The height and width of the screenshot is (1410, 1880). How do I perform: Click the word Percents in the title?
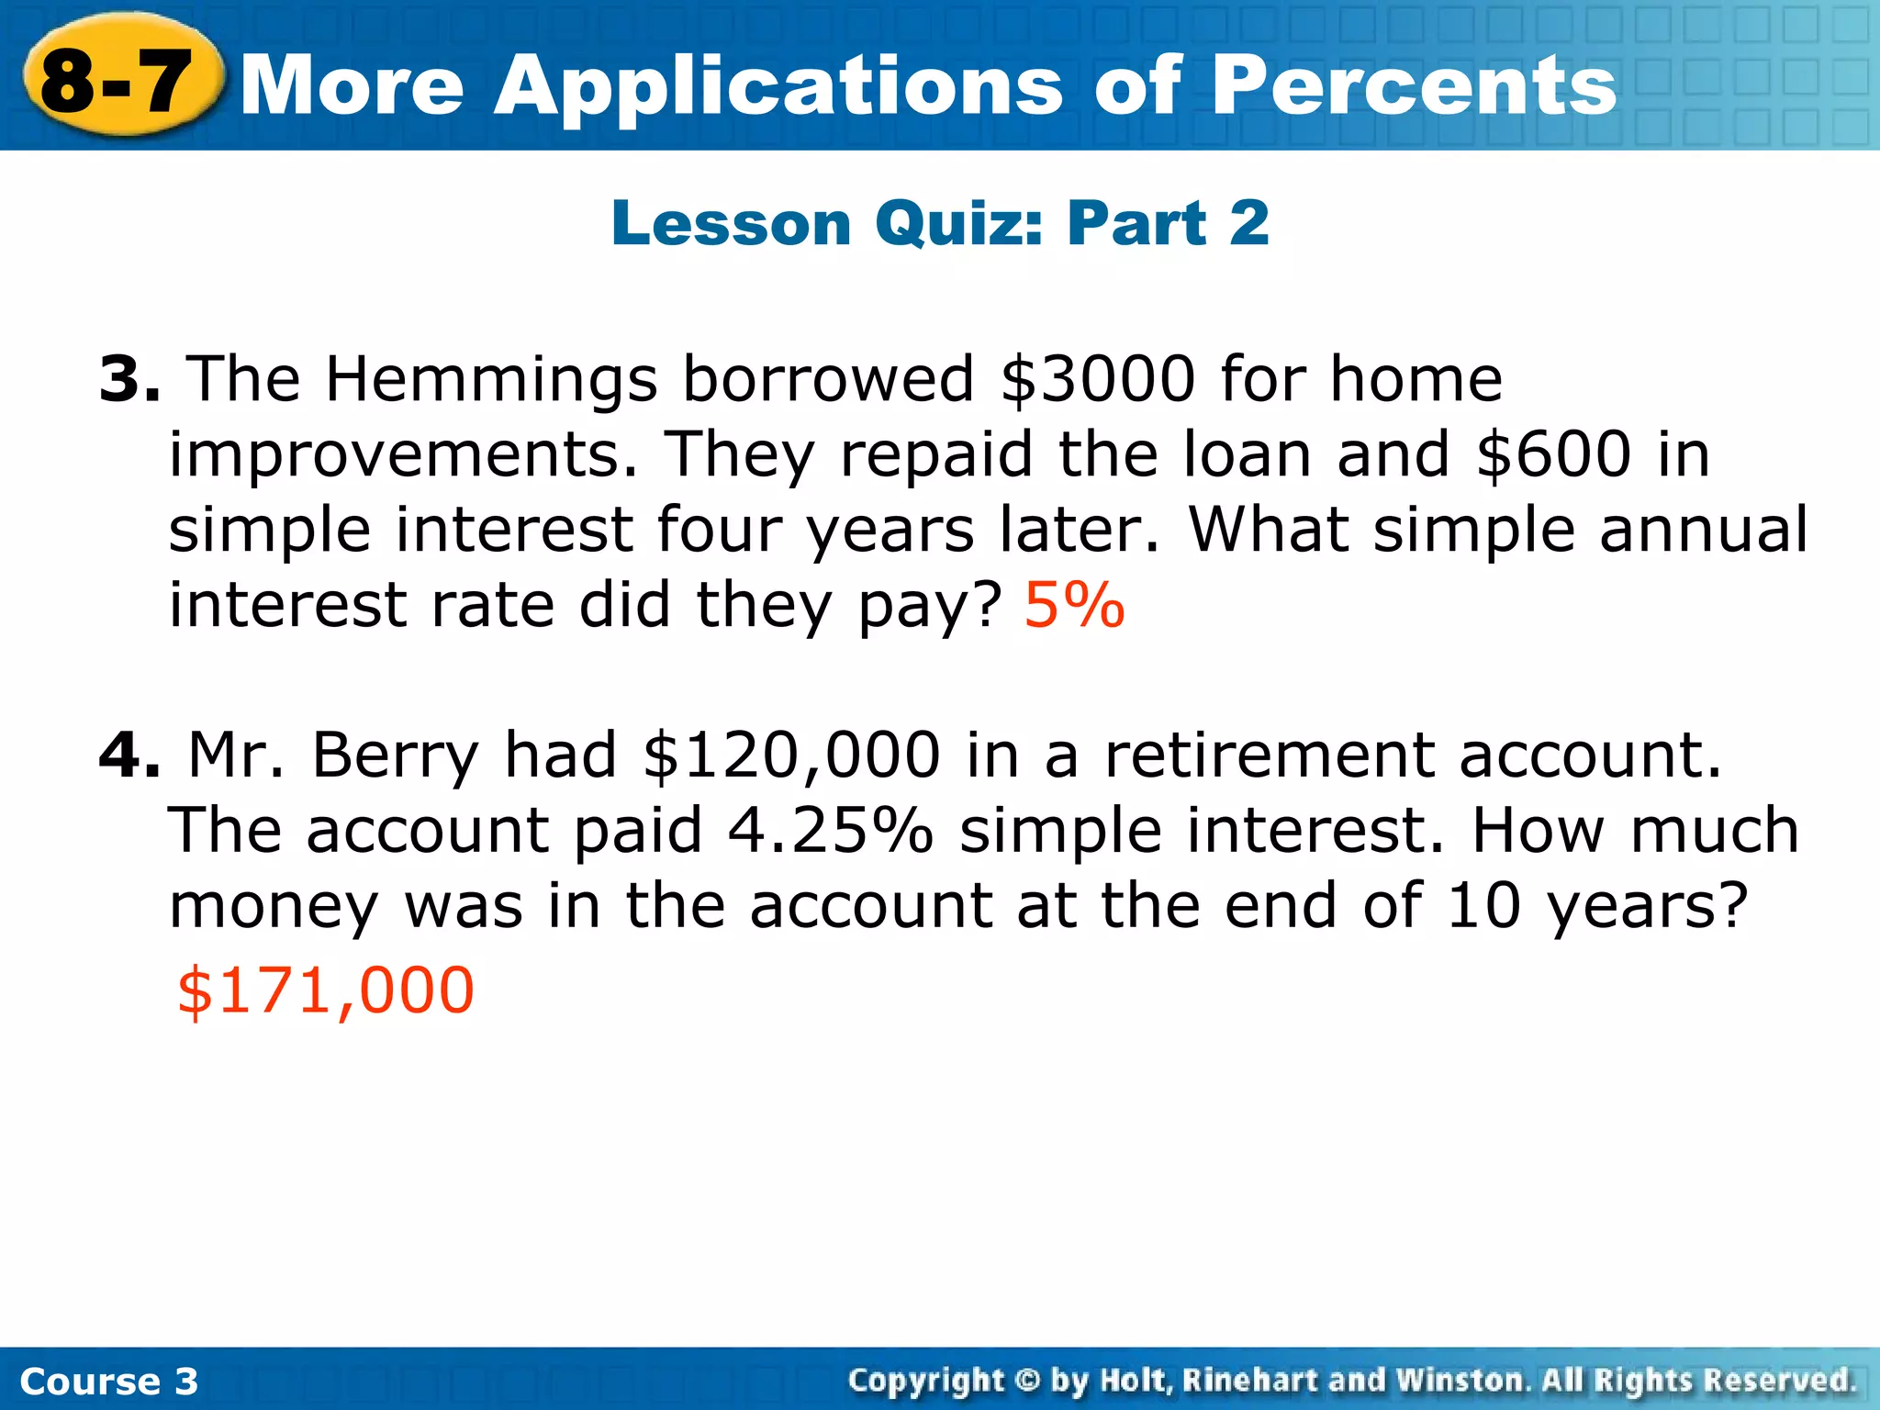1413,85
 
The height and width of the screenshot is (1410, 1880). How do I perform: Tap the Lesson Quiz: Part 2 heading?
940,223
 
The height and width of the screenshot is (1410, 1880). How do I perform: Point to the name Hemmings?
491,380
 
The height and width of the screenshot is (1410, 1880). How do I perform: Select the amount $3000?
1098,378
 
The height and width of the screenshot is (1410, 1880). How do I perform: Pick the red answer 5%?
1074,605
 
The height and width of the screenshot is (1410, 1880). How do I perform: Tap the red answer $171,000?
326,990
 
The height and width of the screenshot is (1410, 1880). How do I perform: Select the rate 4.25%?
830,830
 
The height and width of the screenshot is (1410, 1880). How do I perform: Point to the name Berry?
395,756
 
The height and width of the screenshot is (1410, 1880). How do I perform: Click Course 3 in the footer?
108,1381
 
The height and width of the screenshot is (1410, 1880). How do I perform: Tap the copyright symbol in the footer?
1027,1381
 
